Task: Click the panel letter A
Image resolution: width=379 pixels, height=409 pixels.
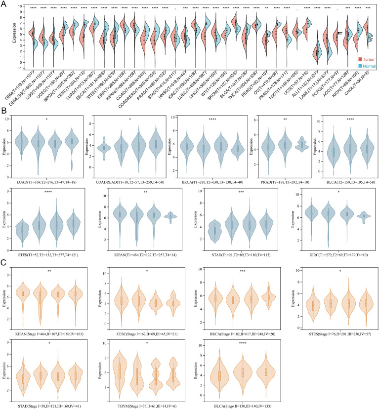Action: (x=4, y=3)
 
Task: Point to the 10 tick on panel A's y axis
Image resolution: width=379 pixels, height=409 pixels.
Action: (x=13, y=6)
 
